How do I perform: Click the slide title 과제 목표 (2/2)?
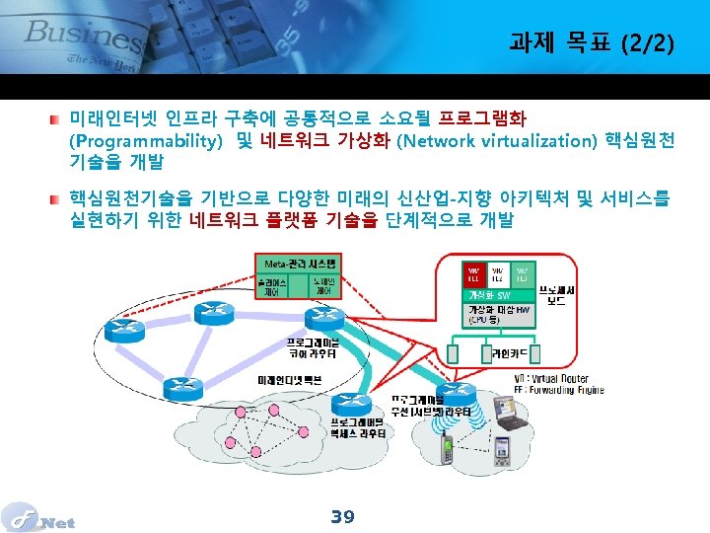point(592,42)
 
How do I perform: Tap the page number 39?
point(342,516)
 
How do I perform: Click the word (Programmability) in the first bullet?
point(145,140)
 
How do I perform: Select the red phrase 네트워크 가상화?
point(326,140)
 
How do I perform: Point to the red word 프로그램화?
point(484,118)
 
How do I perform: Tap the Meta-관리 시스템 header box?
point(300,264)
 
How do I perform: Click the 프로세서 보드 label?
point(556,294)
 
